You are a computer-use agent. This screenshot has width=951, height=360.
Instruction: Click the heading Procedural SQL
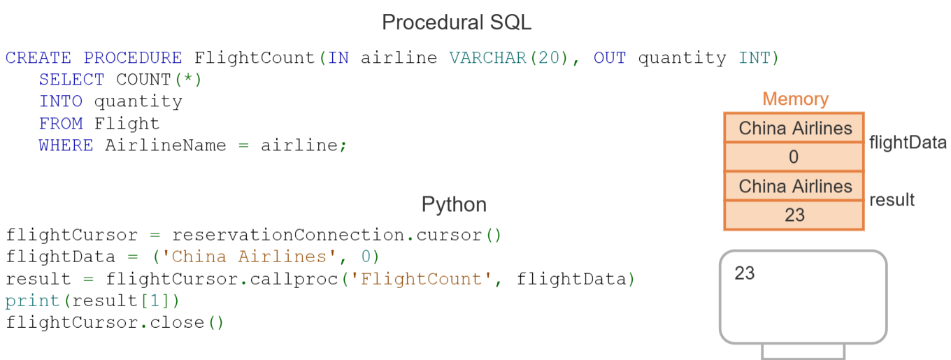click(x=456, y=22)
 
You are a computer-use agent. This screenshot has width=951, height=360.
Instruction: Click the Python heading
click(x=454, y=205)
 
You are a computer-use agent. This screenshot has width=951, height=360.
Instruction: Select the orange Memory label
click(x=795, y=99)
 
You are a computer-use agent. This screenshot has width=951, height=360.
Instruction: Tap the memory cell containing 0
click(x=794, y=157)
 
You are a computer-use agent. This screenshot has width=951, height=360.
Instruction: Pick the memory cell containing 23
click(x=794, y=215)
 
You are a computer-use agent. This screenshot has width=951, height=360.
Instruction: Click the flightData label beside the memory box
click(x=908, y=143)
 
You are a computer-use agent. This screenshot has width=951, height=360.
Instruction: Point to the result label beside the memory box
click(x=892, y=200)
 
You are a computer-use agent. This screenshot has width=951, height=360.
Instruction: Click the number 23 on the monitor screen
click(x=745, y=273)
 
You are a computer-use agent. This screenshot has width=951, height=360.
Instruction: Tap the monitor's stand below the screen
click(x=803, y=351)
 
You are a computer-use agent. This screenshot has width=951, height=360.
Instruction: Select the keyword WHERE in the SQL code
click(x=66, y=145)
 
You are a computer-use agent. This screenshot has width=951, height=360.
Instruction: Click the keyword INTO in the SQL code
click(x=60, y=101)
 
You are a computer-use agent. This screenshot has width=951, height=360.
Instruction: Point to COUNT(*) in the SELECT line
click(x=159, y=80)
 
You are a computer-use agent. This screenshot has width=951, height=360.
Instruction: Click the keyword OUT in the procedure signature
click(x=610, y=58)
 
